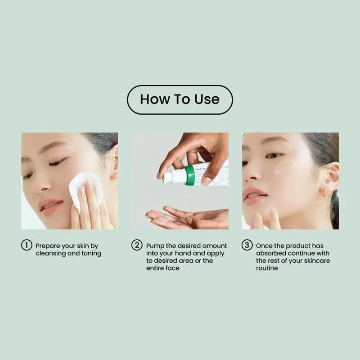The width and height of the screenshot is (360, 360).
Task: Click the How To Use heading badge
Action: click(x=180, y=99)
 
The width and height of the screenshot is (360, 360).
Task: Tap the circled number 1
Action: click(x=27, y=246)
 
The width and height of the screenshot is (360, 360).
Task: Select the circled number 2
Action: click(x=137, y=246)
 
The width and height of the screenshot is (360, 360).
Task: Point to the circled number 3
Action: click(x=247, y=246)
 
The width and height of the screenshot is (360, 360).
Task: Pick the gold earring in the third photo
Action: click(x=323, y=193)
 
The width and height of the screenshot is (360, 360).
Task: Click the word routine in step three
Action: click(x=267, y=268)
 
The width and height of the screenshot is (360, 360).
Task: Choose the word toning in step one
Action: click(x=90, y=254)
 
